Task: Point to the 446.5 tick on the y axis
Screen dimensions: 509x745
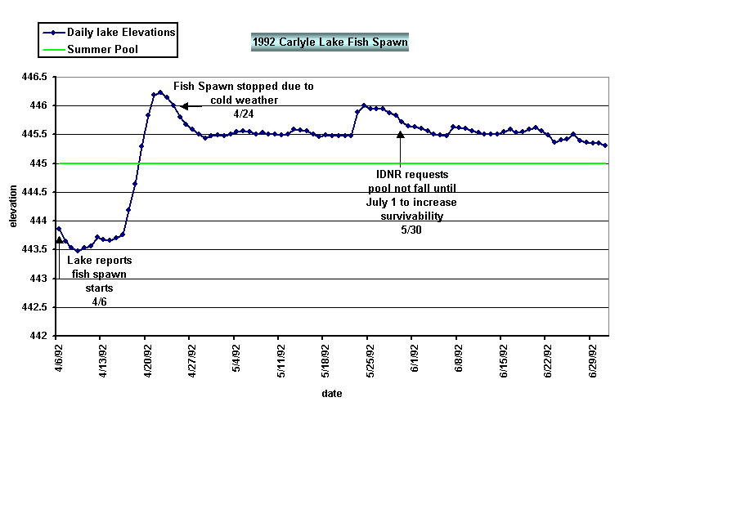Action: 38,77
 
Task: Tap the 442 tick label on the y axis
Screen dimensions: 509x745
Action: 42,336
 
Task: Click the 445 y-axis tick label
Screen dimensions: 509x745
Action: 42,163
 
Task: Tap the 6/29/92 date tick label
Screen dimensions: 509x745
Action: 595,359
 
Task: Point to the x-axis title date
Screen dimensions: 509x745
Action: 332,393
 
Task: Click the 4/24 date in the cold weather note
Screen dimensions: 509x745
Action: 243,113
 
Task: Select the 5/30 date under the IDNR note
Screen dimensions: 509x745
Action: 411,230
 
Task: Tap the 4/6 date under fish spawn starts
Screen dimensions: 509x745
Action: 99,301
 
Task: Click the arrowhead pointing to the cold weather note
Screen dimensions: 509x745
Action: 184,105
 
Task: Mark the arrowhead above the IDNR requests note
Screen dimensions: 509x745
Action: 400,136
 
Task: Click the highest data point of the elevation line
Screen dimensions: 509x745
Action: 160,92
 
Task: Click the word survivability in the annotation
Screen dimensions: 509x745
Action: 411,216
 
